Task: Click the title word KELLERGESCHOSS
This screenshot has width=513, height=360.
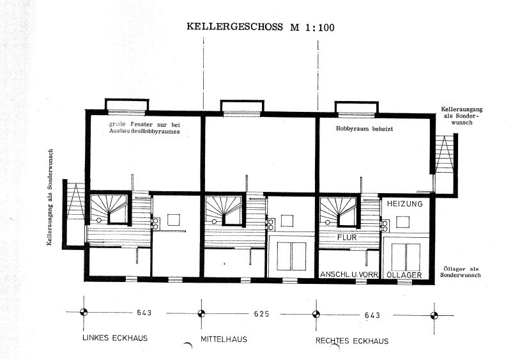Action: [236, 27]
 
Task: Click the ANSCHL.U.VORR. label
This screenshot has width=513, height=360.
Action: [349, 274]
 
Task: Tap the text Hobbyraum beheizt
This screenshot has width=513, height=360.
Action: [362, 128]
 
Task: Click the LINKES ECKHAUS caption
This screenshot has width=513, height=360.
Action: [115, 338]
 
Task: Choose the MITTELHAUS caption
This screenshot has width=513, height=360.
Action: [224, 338]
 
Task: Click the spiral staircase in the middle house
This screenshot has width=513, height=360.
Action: [223, 210]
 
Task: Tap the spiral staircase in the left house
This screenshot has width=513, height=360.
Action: [108, 210]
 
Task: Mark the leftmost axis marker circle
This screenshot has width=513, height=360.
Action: [84, 313]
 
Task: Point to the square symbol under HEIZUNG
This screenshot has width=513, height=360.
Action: [402, 221]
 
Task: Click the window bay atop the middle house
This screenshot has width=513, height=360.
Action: [241, 107]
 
